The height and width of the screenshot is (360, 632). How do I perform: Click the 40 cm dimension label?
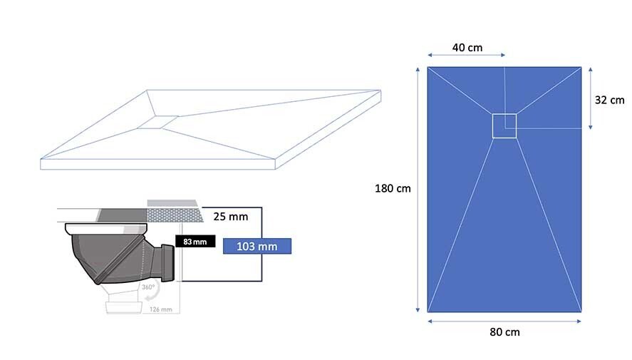click(x=467, y=48)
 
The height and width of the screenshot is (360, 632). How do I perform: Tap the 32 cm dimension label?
click(x=609, y=100)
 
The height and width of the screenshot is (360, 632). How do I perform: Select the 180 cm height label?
click(x=393, y=188)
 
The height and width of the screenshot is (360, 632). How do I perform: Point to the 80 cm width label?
click(x=504, y=332)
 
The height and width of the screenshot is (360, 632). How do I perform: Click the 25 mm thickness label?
click(x=231, y=217)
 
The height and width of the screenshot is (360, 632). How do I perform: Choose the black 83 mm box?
click(x=195, y=242)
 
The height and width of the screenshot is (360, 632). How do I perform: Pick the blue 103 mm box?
click(x=257, y=246)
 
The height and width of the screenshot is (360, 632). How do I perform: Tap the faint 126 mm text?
click(x=161, y=309)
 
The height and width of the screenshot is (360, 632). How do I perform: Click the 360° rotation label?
click(x=148, y=287)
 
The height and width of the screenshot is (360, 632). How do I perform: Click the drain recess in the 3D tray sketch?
click(x=157, y=122)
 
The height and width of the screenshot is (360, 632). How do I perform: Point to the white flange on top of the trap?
click(x=106, y=229)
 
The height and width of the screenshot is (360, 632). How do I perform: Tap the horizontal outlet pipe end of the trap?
click(x=167, y=263)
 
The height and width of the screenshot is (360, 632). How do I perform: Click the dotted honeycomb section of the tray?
click(x=175, y=215)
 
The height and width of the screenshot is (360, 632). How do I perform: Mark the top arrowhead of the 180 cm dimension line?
click(x=418, y=70)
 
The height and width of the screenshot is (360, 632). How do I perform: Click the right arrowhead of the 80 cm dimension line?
click(x=579, y=322)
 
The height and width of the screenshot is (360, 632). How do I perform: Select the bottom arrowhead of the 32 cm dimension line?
click(x=591, y=128)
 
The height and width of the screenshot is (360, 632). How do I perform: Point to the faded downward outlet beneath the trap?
click(x=123, y=300)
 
